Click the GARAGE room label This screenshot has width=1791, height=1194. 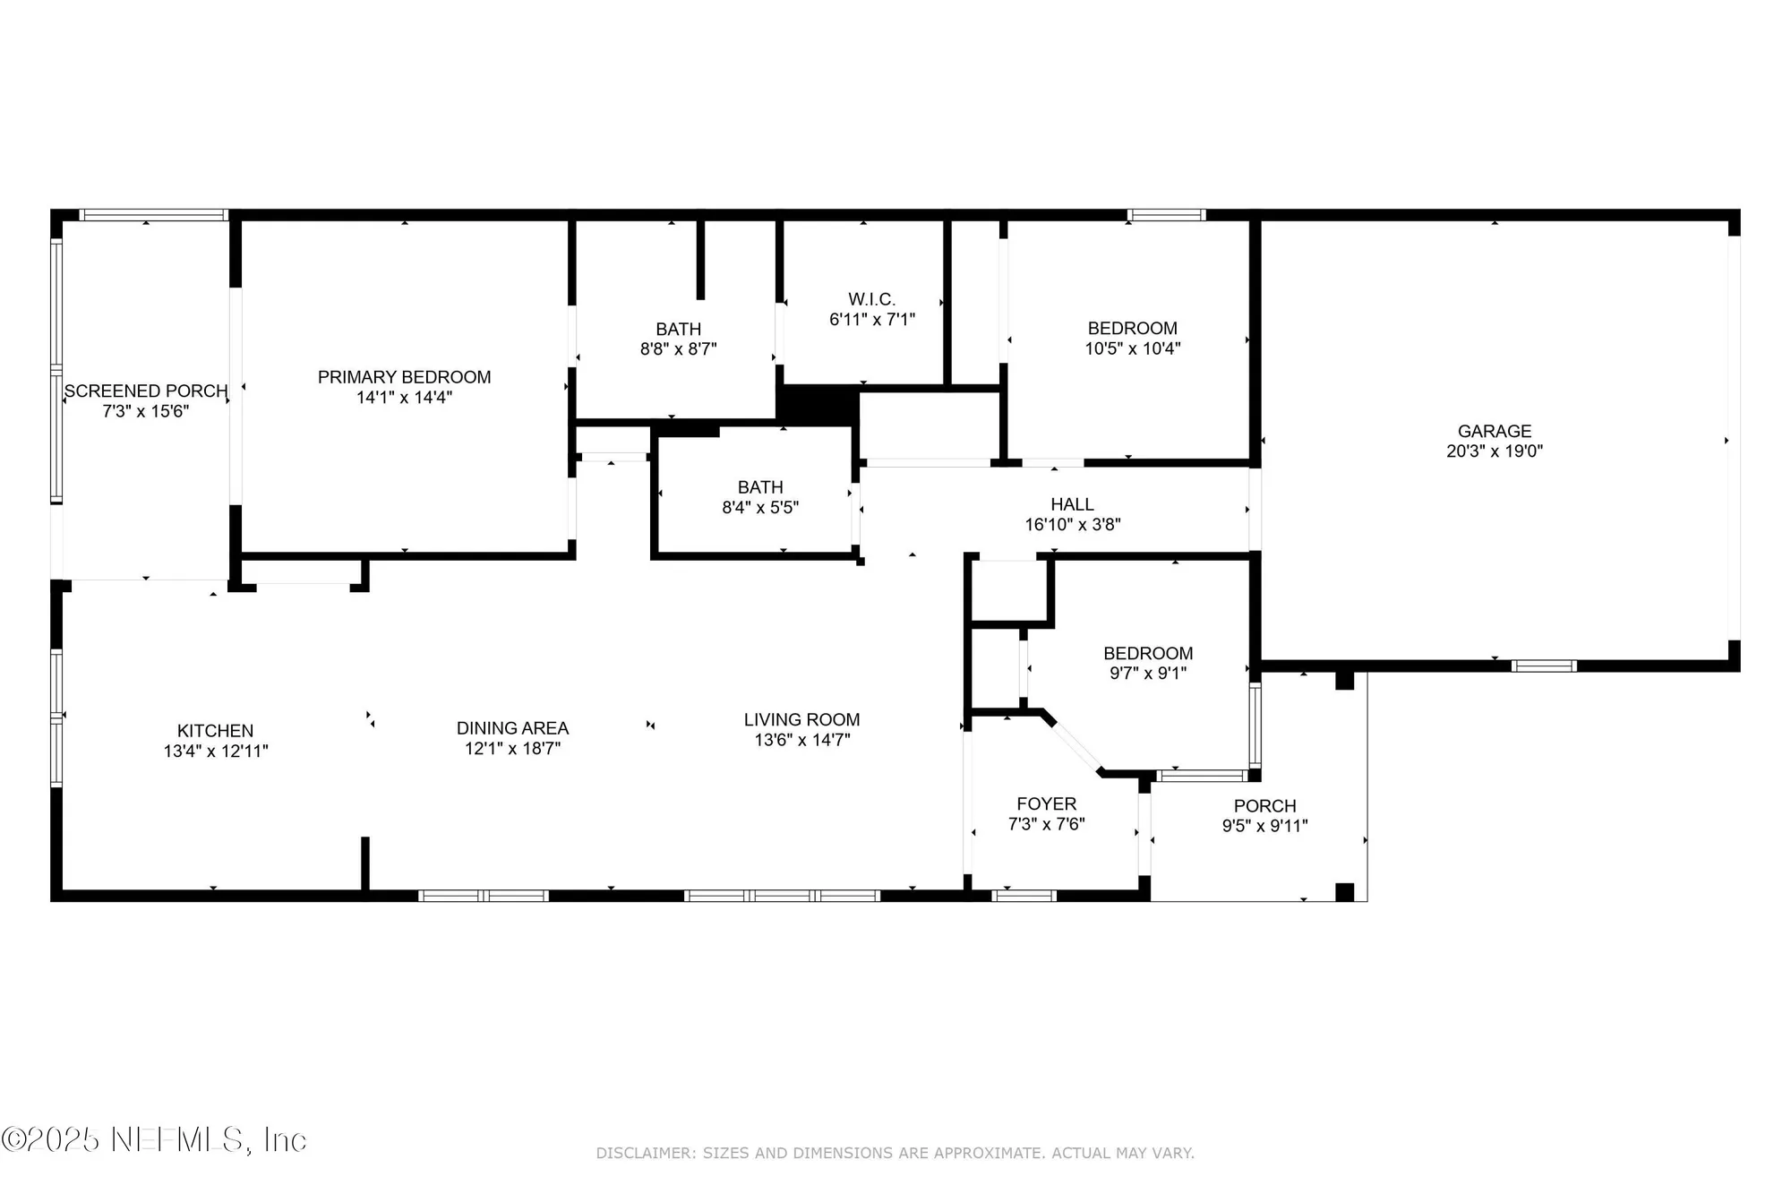(1494, 431)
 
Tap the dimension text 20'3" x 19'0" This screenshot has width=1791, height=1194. (1494, 451)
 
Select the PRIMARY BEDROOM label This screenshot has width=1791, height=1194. (404, 377)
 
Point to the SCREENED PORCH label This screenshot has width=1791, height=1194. (145, 391)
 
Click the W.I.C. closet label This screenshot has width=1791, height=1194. (871, 299)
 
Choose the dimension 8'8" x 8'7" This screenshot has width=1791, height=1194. (678, 349)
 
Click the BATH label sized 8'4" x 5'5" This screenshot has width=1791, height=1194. (760, 487)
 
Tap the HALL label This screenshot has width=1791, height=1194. (1072, 504)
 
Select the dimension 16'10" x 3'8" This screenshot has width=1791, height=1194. (1072, 525)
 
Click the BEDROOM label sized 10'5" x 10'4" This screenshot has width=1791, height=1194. (1132, 329)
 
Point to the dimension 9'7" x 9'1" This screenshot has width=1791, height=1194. (1147, 674)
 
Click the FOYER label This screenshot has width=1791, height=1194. (1046, 804)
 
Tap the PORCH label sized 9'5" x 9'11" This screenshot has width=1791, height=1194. (1264, 806)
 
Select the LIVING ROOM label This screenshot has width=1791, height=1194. (801, 719)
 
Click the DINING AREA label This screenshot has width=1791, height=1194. (512, 728)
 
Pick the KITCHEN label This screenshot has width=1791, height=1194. (215, 731)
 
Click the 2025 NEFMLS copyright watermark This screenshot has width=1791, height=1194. (154, 1139)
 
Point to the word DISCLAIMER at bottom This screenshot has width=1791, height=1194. (645, 1154)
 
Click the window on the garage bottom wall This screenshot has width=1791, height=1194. (1544, 666)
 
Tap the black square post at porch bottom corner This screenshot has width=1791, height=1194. (1344, 892)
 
